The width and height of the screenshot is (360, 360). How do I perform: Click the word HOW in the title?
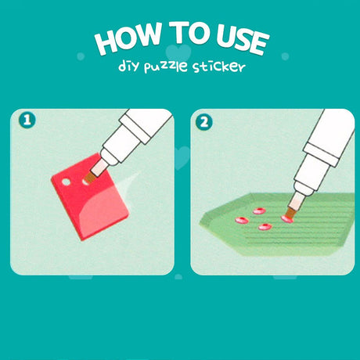[128, 38]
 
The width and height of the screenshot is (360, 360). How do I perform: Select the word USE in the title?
[243, 40]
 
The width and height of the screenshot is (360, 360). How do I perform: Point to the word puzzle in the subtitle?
[165, 67]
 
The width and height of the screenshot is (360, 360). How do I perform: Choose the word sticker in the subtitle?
[219, 67]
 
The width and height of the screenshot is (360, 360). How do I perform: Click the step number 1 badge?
[27, 121]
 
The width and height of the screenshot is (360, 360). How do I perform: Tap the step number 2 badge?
[204, 122]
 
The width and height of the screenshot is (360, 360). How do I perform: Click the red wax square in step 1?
[90, 197]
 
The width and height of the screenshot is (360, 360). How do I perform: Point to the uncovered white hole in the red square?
[66, 182]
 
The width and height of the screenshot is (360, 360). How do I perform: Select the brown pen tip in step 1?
[90, 178]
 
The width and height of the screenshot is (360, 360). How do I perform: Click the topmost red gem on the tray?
[259, 211]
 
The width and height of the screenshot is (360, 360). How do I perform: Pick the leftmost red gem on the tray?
[242, 221]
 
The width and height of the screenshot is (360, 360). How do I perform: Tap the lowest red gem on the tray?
[265, 227]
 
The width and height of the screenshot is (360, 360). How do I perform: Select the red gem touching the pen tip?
[286, 219]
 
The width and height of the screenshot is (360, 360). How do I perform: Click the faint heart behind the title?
[178, 52]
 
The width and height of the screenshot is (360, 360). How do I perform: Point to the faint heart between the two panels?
[182, 157]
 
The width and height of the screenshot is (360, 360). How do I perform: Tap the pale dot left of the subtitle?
[81, 56]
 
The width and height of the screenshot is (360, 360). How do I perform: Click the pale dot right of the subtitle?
[285, 56]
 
